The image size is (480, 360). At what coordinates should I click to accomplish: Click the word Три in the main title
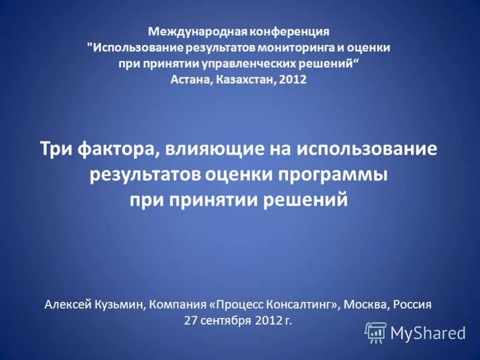pos(56,148)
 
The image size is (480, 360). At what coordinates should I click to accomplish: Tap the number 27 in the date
pos(191,320)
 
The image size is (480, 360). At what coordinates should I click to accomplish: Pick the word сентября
pos(226,320)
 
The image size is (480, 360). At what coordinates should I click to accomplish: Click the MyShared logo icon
pos(376,332)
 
